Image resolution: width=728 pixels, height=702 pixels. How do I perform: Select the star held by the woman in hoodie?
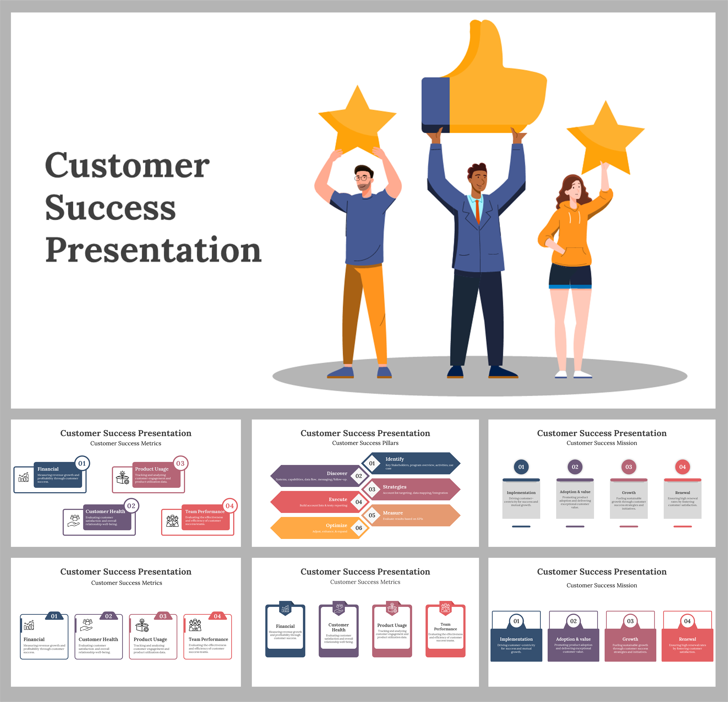[x=605, y=139]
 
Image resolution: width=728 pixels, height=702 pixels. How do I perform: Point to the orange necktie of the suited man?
[x=478, y=212]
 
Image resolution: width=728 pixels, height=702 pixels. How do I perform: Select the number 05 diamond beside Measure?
[x=372, y=515]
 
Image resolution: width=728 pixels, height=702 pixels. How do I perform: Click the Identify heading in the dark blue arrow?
[x=394, y=459]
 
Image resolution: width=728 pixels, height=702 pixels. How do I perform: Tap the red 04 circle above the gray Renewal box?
[x=682, y=467]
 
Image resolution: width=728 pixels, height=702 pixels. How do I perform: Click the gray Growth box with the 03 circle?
[x=628, y=500]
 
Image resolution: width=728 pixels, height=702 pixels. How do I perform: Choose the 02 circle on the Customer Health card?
[x=131, y=506]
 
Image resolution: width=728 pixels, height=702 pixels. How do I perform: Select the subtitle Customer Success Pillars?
[x=365, y=443]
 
